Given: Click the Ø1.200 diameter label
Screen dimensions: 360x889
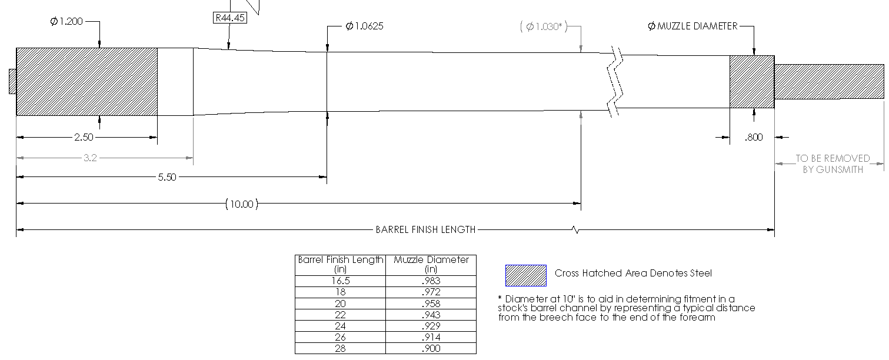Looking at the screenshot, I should click(x=66, y=22).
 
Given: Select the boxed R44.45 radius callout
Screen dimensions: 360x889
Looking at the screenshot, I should click(x=229, y=18).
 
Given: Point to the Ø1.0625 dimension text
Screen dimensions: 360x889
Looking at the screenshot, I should click(x=365, y=26).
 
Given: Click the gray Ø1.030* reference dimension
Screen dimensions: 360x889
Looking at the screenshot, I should click(x=544, y=26).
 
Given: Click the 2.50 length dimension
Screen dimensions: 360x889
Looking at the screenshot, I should click(x=84, y=138).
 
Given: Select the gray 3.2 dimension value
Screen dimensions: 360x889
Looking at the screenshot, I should click(x=90, y=158).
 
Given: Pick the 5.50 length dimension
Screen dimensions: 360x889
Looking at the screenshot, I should click(x=167, y=177).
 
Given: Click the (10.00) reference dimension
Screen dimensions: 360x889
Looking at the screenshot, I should click(x=242, y=204).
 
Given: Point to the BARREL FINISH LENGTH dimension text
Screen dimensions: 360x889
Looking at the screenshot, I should click(x=425, y=230).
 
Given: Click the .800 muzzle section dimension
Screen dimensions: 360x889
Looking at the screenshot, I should click(x=753, y=138).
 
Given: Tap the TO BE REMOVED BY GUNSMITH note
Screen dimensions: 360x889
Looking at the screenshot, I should click(x=833, y=164).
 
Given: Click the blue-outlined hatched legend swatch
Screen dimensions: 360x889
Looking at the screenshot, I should click(x=526, y=275).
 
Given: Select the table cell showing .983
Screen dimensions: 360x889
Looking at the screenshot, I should click(x=431, y=281).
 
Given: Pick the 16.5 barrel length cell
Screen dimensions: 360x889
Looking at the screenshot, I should click(x=340, y=281).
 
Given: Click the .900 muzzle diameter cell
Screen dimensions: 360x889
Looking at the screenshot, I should click(x=431, y=348).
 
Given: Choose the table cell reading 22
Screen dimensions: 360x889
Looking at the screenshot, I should click(x=340, y=315).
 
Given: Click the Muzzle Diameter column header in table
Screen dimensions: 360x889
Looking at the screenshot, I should click(x=431, y=264).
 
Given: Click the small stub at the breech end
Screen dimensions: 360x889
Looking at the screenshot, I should click(x=12, y=81).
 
